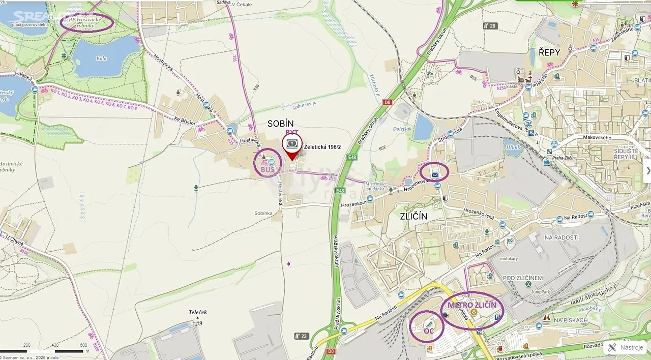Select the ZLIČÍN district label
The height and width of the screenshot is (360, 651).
(413, 216)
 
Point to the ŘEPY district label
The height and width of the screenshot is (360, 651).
(549, 52)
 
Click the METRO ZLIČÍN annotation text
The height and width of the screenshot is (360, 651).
(471, 305)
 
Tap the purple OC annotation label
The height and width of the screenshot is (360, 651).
(428, 331)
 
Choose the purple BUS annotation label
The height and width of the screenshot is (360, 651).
(268, 169)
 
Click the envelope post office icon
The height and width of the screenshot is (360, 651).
(435, 175)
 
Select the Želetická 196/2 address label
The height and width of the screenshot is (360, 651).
(322, 147)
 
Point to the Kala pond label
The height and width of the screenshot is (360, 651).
(101, 58)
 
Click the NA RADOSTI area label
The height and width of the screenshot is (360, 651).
(561, 237)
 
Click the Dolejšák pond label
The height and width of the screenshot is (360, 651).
(402, 129)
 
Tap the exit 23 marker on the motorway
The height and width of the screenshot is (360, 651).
(302, 336)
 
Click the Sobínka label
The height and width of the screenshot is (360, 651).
(264, 213)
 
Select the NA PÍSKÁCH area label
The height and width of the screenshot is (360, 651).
(571, 320)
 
